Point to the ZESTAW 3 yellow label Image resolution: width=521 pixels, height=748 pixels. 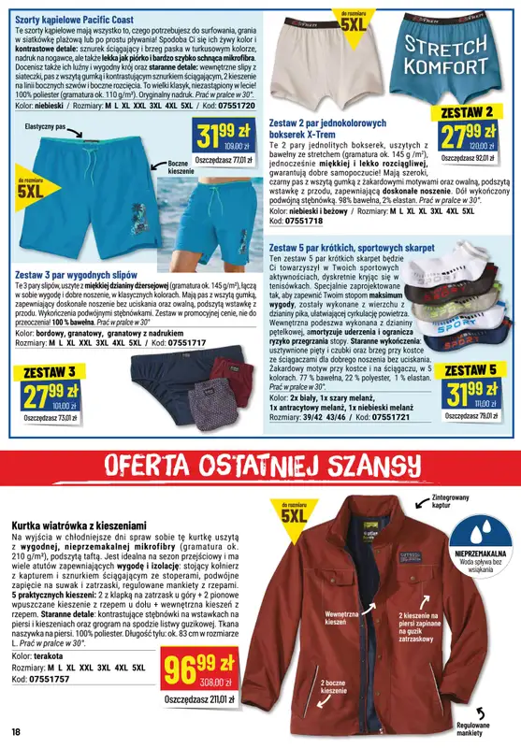point(43,372)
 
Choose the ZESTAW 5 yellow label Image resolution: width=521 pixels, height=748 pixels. point(471,370)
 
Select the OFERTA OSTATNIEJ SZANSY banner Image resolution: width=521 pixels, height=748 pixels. point(260,465)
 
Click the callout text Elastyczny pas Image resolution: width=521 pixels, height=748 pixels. point(46,125)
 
